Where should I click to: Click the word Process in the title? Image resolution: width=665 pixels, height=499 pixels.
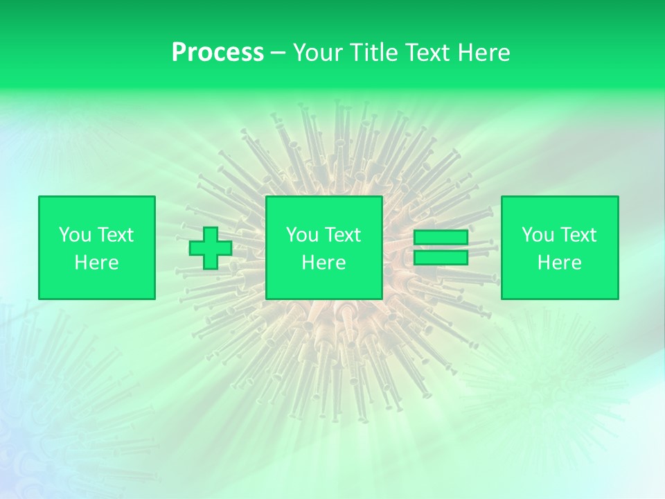click(x=218, y=53)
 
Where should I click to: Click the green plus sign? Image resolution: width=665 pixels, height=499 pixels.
click(x=211, y=248)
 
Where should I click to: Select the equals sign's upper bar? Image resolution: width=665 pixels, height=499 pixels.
click(x=441, y=238)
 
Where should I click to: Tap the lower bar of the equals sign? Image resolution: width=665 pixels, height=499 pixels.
click(x=441, y=258)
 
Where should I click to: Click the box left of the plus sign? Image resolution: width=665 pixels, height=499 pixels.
click(x=97, y=248)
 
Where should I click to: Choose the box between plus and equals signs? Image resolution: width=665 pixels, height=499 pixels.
click(x=324, y=248)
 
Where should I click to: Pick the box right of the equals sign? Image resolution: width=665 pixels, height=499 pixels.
click(x=560, y=248)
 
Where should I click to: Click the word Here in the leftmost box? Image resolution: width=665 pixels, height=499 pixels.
click(x=97, y=263)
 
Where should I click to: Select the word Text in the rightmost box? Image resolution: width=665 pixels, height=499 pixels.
click(x=578, y=235)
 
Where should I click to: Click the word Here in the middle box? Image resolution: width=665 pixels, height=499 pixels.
click(x=324, y=263)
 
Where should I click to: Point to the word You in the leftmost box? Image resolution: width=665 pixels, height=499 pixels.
click(x=75, y=235)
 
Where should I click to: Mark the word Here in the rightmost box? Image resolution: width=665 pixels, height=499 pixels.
click(x=560, y=263)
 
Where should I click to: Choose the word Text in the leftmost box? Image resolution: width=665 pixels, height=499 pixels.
click(x=115, y=235)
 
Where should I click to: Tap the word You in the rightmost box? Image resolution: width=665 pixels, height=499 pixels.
click(x=538, y=235)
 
